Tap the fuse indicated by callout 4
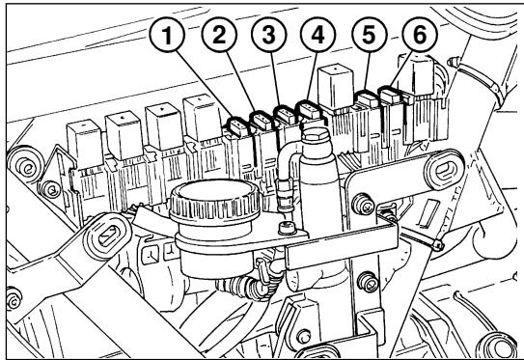point(309,112)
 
